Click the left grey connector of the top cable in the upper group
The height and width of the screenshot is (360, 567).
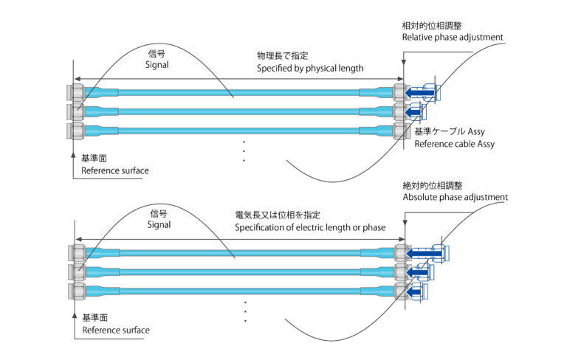pos(75,93)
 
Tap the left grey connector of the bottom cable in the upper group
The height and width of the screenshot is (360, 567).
pos(75,131)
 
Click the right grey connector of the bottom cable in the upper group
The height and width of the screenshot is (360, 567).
pos(400,131)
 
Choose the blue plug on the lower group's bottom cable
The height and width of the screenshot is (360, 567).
pos(417,291)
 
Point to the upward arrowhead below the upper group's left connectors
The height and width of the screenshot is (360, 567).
pos(73,154)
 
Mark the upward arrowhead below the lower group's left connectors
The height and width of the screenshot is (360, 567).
pos(75,314)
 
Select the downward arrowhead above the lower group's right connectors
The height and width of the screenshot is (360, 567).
pos(405,224)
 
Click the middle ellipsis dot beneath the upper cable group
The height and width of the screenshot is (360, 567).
pos(244,151)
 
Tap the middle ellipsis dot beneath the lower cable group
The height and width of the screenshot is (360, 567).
pos(245,311)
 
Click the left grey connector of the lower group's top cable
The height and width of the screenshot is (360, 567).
pos(77,253)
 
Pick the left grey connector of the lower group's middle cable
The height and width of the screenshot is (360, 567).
pos(77,272)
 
